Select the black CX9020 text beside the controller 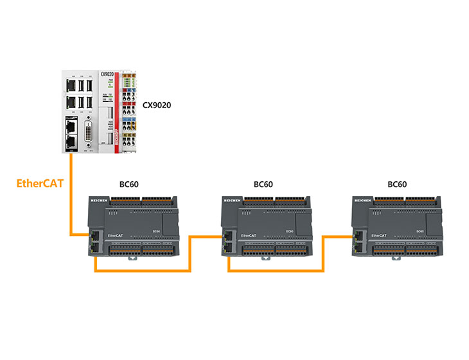[160, 104]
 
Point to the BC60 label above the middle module [263, 184]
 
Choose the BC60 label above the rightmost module [397, 184]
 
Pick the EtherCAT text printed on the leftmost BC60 [116, 236]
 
